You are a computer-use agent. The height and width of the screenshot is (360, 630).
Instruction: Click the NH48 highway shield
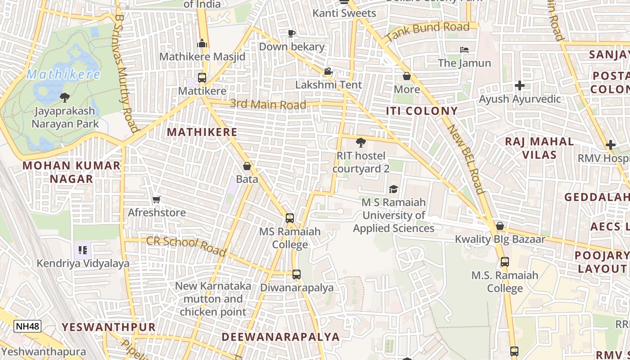(x=27, y=326)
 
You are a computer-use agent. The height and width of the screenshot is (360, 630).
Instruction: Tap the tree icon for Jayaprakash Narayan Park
(x=65, y=97)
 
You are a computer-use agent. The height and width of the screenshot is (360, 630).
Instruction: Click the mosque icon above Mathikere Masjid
(x=202, y=43)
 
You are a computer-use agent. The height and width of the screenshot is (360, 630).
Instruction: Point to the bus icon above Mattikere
(x=202, y=77)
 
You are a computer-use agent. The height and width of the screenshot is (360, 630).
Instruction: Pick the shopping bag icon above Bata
(x=247, y=166)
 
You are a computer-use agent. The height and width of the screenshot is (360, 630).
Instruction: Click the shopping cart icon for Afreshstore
(x=157, y=199)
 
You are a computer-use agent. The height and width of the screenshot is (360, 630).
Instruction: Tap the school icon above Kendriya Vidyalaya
(x=83, y=250)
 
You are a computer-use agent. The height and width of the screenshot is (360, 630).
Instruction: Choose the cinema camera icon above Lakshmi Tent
(x=328, y=72)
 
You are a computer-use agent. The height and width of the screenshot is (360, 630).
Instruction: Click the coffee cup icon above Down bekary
(x=292, y=33)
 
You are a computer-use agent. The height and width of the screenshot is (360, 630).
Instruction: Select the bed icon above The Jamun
(x=464, y=49)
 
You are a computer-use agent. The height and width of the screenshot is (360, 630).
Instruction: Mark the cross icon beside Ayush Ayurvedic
(x=520, y=85)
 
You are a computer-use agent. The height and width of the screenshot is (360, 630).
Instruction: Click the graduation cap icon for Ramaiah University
(x=393, y=189)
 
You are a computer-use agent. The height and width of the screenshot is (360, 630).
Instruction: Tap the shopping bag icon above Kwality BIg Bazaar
(x=499, y=226)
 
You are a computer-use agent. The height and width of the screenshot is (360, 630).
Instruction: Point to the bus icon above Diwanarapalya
(x=296, y=274)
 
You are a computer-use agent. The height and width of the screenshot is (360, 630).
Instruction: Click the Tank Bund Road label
(x=427, y=31)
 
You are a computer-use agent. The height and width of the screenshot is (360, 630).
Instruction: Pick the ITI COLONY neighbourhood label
(x=422, y=111)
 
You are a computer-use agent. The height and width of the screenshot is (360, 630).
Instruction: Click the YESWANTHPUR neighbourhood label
(x=108, y=327)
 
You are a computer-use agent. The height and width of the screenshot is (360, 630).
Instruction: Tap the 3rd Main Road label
(x=268, y=104)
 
